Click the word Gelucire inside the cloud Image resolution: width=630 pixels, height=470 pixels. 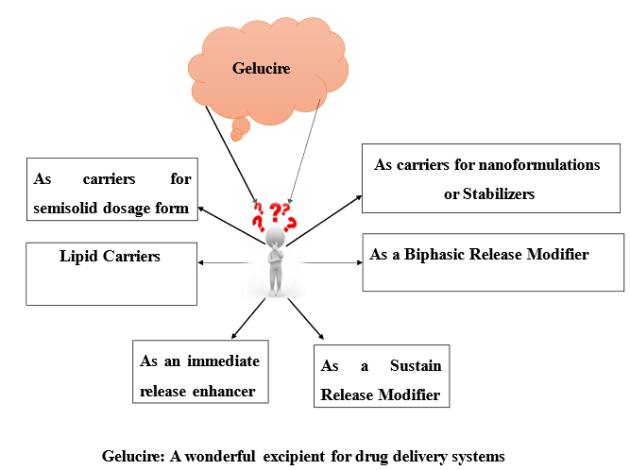click(x=263, y=69)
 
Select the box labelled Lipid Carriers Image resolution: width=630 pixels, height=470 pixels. click(x=111, y=274)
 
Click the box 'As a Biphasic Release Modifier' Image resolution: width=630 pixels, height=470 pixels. click(x=493, y=261)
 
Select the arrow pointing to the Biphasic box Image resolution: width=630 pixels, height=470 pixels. click(x=326, y=260)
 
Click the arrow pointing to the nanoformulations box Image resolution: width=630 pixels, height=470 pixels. click(x=326, y=220)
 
